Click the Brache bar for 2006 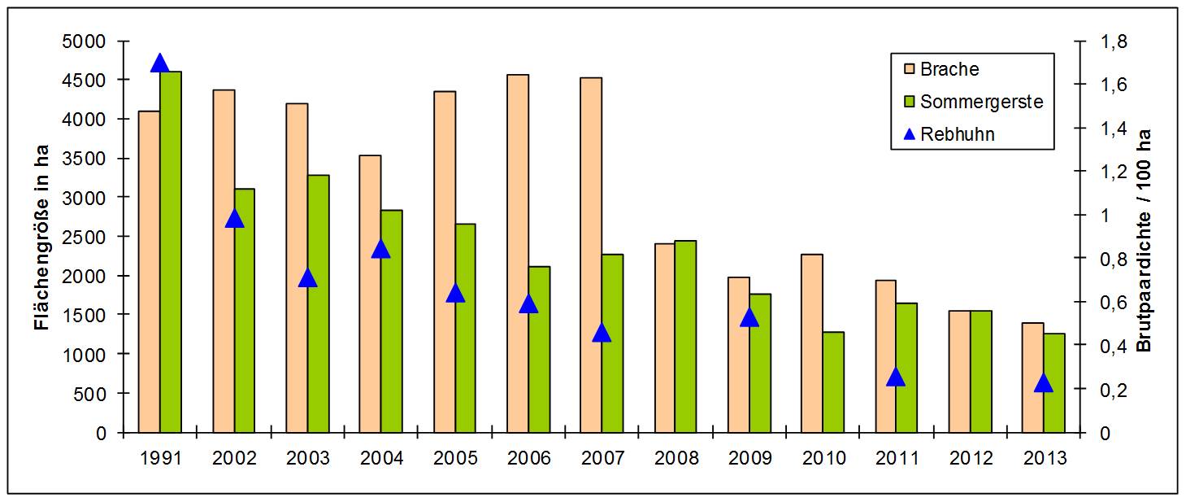coord(518,253)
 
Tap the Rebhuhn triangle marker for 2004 coord(381,248)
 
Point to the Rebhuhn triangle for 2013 coord(1044,383)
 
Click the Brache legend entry coord(950,69)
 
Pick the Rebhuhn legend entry coord(957,134)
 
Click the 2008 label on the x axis coord(676,458)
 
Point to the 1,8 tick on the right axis coord(1114,41)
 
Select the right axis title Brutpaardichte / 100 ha coord(1145,239)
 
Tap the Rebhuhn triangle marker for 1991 coord(160,63)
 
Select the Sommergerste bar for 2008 coord(685,336)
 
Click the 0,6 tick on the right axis coord(1114,302)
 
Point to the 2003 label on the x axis coord(308,458)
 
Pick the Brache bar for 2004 coord(370,294)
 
